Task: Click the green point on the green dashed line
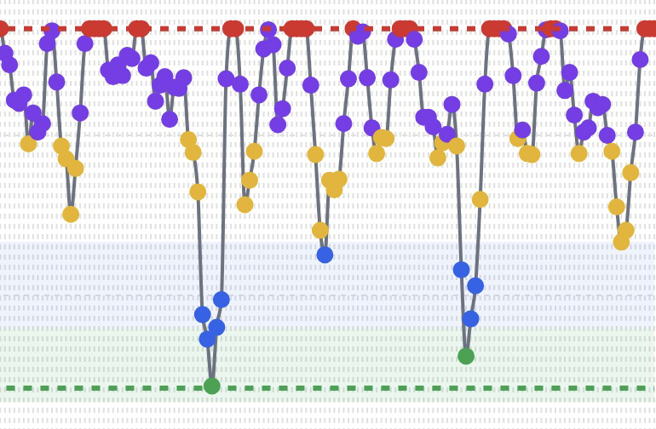(x=212, y=386)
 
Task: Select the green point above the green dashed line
(x=466, y=356)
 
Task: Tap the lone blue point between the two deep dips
(x=325, y=255)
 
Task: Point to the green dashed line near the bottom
(x=341, y=388)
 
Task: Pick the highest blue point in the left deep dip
(x=222, y=299)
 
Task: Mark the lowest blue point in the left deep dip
(x=207, y=339)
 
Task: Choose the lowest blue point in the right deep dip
(x=470, y=318)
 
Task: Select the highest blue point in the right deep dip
(x=461, y=269)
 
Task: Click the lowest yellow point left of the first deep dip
(x=71, y=214)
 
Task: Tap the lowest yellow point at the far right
(x=621, y=242)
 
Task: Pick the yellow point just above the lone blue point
(x=320, y=230)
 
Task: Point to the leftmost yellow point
(x=28, y=143)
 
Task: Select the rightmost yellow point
(x=630, y=172)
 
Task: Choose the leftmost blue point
(x=202, y=314)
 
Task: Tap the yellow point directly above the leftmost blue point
(x=198, y=192)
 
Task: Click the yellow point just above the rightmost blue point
(x=480, y=199)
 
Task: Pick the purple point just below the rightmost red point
(x=640, y=60)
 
